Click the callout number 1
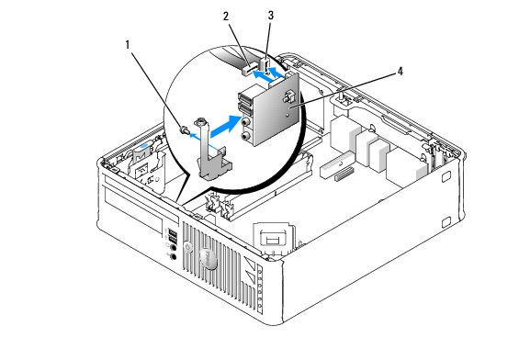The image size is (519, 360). tap(128, 45)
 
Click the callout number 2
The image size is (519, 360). tap(226, 17)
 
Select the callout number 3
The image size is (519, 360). tap(271, 16)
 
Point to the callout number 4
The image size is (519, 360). tap(401, 71)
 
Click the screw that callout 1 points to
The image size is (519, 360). tap(184, 129)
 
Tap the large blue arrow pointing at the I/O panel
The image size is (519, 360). tap(225, 127)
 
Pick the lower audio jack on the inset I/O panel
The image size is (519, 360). tap(245, 136)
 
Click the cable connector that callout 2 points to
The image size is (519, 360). tap(249, 69)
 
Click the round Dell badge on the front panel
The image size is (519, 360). tap(208, 258)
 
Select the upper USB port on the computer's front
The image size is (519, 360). tap(172, 231)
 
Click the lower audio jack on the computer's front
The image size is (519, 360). tap(173, 257)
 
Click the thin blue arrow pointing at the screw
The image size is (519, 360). tap(205, 140)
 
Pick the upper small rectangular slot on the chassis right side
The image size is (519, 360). tap(446, 177)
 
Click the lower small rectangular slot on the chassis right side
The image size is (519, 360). tap(446, 222)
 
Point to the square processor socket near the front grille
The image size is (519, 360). tap(274, 238)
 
